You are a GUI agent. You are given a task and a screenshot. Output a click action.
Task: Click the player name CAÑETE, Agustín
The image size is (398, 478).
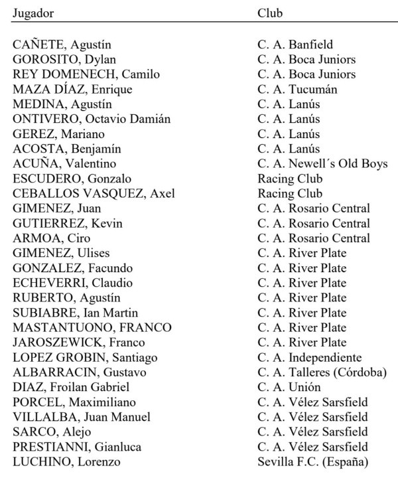pyautogui.click(x=62, y=45)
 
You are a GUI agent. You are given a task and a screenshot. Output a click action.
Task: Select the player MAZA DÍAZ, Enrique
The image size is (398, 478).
pyautogui.click(x=72, y=90)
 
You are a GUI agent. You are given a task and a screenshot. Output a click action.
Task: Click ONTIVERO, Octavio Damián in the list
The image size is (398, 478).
pyautogui.click(x=92, y=119)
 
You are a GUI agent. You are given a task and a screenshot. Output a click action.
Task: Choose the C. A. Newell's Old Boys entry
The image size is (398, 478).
pyautogui.click(x=322, y=164)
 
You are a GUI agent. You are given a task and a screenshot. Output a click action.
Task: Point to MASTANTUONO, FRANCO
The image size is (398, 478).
pyautogui.click(x=92, y=328)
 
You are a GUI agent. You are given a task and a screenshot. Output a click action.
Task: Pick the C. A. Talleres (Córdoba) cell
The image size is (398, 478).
pyautogui.click(x=322, y=372)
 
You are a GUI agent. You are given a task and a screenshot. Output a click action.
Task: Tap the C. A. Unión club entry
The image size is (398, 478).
pyautogui.click(x=289, y=387)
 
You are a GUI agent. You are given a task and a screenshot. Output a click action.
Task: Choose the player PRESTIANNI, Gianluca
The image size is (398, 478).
pyautogui.click(x=76, y=447)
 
